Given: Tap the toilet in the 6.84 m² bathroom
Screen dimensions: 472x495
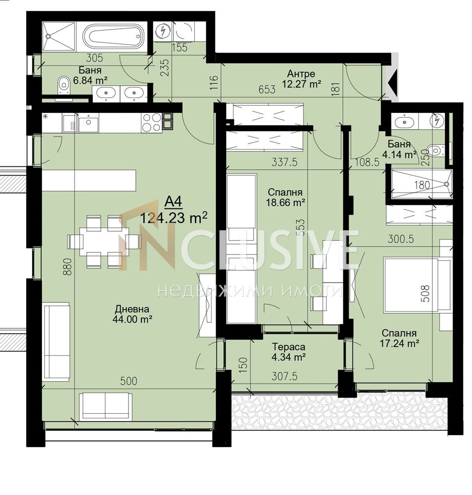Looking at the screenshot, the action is coord(64,85).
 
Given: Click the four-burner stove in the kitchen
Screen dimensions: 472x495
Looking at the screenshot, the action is coord(152,122).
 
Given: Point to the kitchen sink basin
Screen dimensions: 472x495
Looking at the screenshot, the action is coord(88,122).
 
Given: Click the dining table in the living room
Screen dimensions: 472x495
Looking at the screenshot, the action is coord(103,241).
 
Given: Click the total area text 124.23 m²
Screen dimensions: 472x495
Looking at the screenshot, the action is coord(173,217).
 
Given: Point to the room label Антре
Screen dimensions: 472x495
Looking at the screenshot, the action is coord(301,74).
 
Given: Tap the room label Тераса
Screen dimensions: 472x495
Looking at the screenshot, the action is coord(289,346).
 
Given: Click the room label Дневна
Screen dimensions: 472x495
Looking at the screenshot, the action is coord(132,309).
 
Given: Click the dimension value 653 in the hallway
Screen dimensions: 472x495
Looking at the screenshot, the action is coord(267,90).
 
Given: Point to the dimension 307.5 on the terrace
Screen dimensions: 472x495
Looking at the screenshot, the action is coord(284,376).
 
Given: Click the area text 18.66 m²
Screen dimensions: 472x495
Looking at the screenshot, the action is coord(285,202).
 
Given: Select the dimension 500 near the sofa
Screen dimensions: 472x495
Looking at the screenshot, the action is coord(129,381).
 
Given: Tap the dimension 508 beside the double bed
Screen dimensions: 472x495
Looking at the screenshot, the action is coord(425,294).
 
